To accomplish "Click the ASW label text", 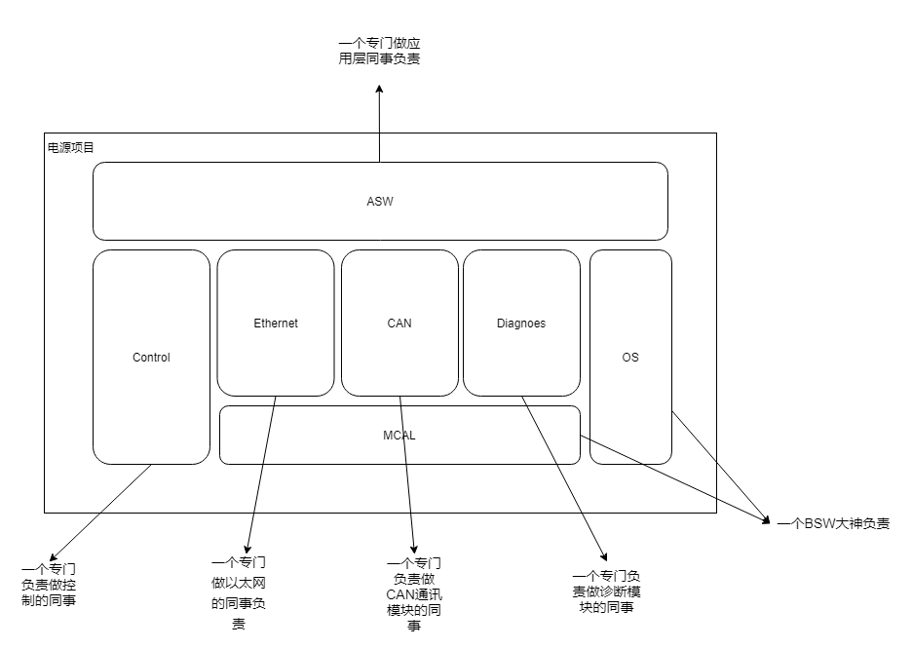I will (x=380, y=202).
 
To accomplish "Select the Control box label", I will (x=151, y=358).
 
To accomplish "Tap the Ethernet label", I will (x=276, y=324).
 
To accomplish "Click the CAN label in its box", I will (x=399, y=324).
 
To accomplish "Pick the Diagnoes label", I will (x=521, y=324).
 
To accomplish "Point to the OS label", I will (x=630, y=358).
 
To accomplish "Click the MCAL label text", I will (x=399, y=436).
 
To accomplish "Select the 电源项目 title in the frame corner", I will (x=71, y=148).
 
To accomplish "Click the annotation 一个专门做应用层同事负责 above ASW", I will (x=380, y=52).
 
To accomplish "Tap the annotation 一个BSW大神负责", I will (x=833, y=523).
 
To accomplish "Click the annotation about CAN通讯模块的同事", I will (x=415, y=594).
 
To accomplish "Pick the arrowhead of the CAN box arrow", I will (x=414, y=552).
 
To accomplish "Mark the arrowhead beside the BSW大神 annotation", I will (x=766, y=518).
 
